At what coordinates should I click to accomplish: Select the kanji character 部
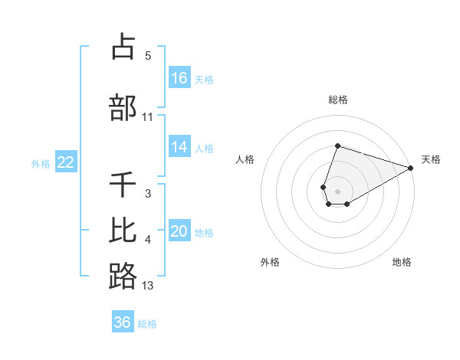[123, 108]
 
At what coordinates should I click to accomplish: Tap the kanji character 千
[123, 185]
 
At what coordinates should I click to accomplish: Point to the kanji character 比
[123, 231]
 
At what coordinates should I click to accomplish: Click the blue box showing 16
[179, 77]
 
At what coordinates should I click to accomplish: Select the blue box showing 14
[179, 147]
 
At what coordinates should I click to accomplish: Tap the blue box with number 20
[179, 231]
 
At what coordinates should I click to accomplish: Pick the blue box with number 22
[65, 162]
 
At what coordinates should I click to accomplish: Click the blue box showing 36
[123, 322]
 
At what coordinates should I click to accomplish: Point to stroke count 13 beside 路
[148, 286]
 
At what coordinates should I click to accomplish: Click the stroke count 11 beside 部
[148, 117]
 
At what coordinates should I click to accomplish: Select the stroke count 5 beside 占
[148, 56]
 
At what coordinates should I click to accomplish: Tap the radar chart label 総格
[338, 100]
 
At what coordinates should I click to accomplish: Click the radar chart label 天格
[431, 159]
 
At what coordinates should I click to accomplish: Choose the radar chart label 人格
[245, 159]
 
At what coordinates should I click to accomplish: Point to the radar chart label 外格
[270, 262]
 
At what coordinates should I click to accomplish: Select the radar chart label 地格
[402, 262]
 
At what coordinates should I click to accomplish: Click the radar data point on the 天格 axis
[411, 167]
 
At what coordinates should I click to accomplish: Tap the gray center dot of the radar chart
[338, 191]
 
